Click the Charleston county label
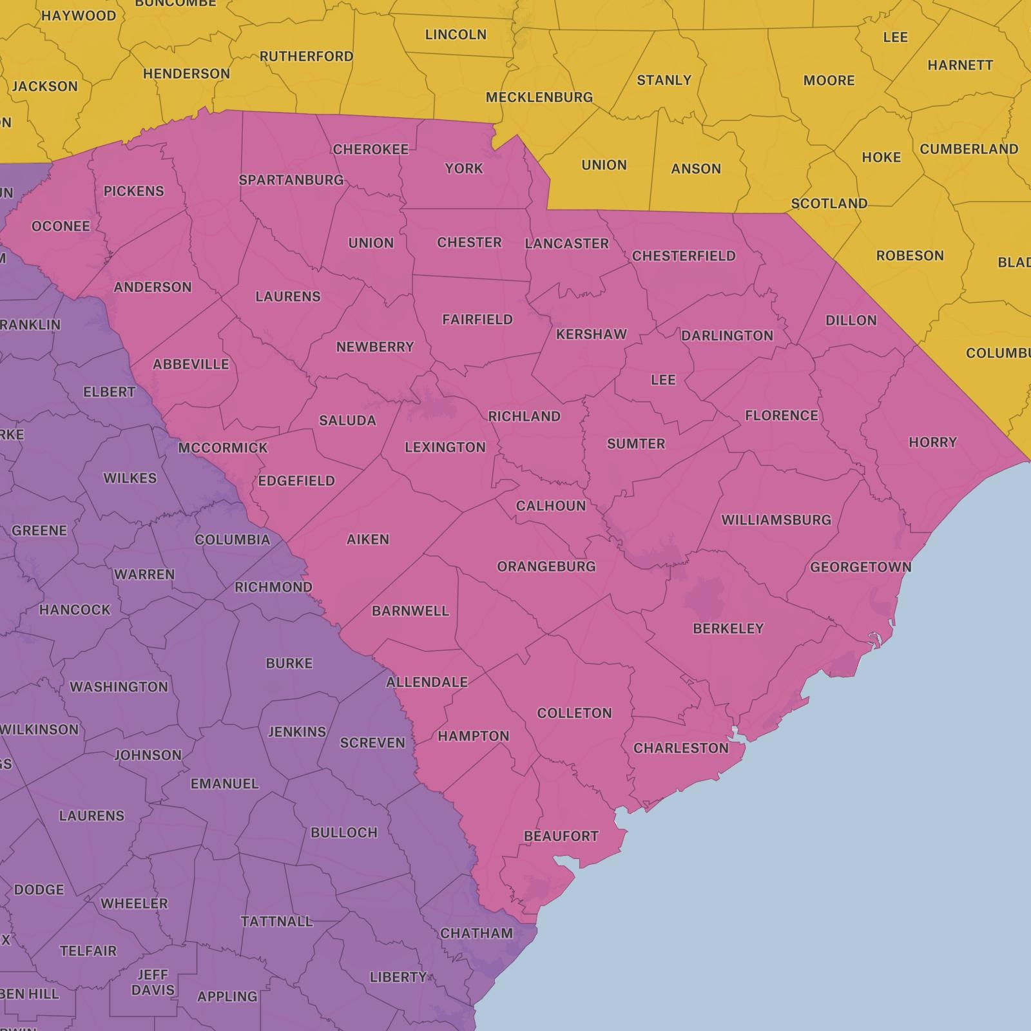pos(680,748)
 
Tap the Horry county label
pos(932,442)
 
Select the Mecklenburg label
pos(539,97)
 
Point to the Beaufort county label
pos(561,836)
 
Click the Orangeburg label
pos(546,566)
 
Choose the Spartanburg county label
pos(291,180)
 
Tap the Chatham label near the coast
pos(476,933)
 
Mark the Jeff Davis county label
pos(153,983)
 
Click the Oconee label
pos(61,226)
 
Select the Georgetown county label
pos(860,567)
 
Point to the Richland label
pos(524,416)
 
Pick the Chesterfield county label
pos(683,256)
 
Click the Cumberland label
pos(968,149)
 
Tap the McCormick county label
pos(222,448)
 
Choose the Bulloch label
pos(343,833)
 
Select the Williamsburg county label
pos(776,520)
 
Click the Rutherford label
pos(306,57)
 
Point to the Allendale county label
pos(427,682)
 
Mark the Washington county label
pos(119,687)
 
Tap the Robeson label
pos(909,256)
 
